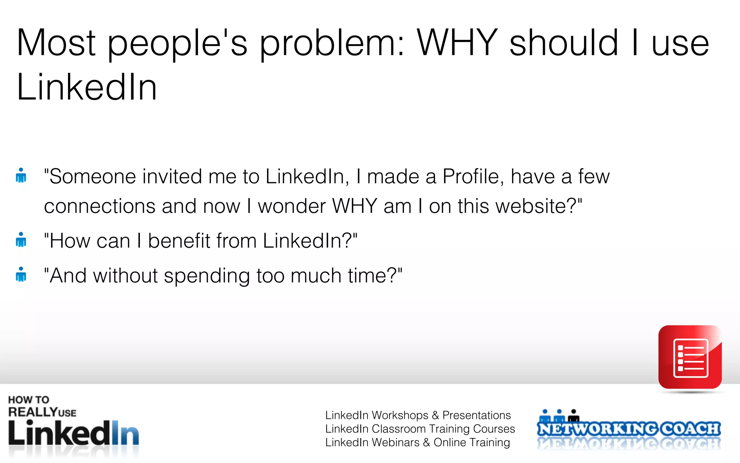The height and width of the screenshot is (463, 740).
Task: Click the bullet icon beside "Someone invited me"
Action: pyautogui.click(x=21, y=175)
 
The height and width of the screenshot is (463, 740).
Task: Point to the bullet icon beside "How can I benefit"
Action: pyautogui.click(x=21, y=239)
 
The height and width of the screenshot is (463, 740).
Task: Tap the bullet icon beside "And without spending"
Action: pyautogui.click(x=21, y=274)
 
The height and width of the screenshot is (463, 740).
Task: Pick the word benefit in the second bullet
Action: pyautogui.click(x=179, y=241)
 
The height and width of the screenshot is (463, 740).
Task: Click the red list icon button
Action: pyautogui.click(x=690, y=357)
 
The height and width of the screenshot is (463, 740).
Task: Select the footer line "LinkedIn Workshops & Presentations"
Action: pyautogui.click(x=418, y=415)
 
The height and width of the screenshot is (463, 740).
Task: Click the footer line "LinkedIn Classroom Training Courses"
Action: pyautogui.click(x=420, y=429)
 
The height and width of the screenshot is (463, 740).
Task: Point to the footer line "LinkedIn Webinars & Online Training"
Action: pyautogui.click(x=417, y=442)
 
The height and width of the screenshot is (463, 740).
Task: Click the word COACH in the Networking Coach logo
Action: pyautogui.click(x=690, y=429)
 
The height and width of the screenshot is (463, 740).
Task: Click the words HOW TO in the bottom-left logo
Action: pyautogui.click(x=29, y=400)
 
